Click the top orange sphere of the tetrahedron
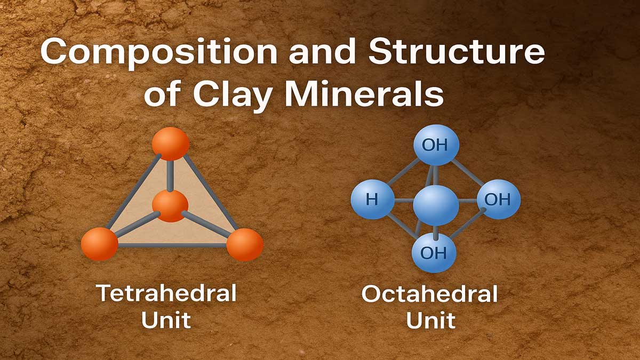170,143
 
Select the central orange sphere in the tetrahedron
170,206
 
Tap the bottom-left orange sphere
99,244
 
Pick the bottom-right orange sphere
245,244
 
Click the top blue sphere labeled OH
436,145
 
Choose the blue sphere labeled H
372,200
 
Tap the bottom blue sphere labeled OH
434,252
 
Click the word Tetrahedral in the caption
165,294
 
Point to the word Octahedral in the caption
430,294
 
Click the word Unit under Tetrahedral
165,320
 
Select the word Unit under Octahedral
430,320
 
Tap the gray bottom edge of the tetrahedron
172,245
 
